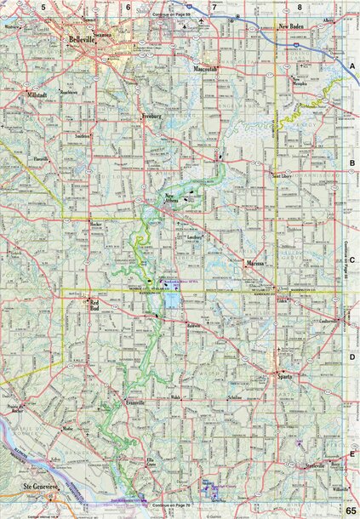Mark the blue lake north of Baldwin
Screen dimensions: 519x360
pos(173,303)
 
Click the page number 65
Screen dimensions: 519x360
pos(350,509)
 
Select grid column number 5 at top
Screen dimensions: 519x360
pos(43,7)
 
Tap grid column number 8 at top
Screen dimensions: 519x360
pos(300,7)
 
